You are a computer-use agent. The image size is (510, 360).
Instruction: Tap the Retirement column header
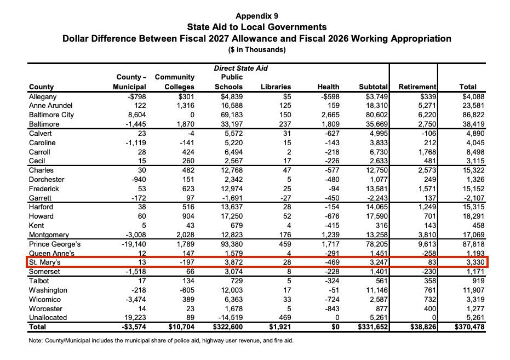click(417, 87)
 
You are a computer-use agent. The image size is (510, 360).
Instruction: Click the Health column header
click(328, 87)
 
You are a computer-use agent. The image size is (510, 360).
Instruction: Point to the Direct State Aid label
click(240, 68)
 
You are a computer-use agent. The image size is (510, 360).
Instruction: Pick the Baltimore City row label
click(51, 115)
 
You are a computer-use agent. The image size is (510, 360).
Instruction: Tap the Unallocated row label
click(48, 318)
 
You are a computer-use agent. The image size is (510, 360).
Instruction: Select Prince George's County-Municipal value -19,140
click(132, 244)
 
